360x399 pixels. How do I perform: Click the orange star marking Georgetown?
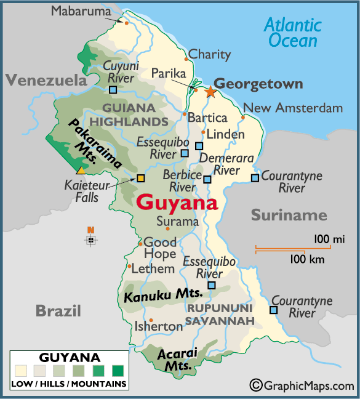210,92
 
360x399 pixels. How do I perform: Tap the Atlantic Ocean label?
292,33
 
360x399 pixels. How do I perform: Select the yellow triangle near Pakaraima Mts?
81,169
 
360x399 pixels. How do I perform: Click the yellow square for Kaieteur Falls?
140,179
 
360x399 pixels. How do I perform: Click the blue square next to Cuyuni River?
113,90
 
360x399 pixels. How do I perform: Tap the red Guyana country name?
177,203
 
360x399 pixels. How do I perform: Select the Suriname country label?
288,215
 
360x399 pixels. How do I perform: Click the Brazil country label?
58,310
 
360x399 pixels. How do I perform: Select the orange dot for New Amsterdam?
243,117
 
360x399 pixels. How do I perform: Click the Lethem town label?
153,268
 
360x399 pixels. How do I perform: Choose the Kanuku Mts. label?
154,296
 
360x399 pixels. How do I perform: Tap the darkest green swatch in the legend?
118,371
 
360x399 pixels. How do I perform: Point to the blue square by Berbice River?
207,179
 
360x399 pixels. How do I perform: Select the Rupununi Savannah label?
220,314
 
